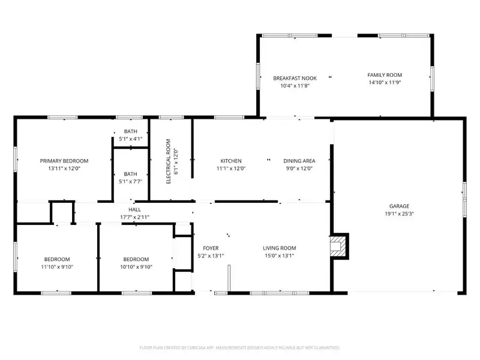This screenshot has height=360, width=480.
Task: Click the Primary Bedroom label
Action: [x=64, y=161]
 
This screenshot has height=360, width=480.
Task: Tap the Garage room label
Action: [x=399, y=206]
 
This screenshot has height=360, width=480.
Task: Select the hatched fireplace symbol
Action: [x=339, y=246]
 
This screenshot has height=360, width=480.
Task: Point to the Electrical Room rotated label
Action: [x=168, y=161]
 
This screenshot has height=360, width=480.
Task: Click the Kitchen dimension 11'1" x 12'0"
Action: [x=231, y=168]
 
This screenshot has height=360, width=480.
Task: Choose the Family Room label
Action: [x=385, y=74]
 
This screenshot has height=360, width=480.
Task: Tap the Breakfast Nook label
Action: [x=295, y=78]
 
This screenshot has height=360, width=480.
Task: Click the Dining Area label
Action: [x=299, y=161]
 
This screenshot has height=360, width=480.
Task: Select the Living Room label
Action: [x=279, y=248]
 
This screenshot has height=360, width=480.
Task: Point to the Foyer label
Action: [x=211, y=248]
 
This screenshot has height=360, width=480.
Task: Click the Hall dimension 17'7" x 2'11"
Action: [x=134, y=217]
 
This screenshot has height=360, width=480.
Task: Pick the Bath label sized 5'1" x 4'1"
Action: [x=130, y=135]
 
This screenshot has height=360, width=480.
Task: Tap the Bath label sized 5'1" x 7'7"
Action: [x=130, y=178]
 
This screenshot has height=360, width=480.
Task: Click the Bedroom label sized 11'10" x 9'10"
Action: [x=57, y=263]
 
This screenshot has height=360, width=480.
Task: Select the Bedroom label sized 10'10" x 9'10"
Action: [x=136, y=263]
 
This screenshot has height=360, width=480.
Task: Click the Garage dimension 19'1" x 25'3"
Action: [x=399, y=214]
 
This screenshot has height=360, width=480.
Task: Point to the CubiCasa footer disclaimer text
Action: [x=239, y=348]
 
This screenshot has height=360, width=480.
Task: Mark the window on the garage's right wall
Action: [x=464, y=200]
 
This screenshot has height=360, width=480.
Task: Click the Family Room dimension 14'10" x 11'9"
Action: [x=385, y=82]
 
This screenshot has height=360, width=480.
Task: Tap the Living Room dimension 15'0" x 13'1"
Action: [x=279, y=256]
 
